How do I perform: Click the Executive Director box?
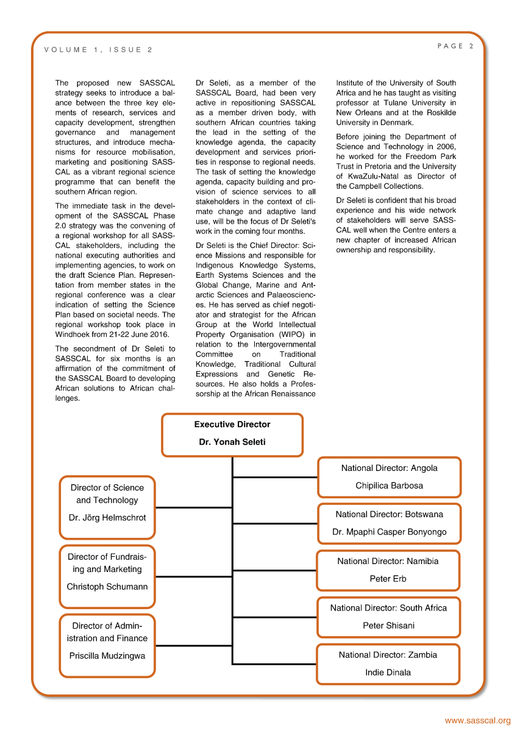click(x=232, y=434)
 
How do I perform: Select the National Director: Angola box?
click(x=389, y=477)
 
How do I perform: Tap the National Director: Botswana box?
click(x=389, y=523)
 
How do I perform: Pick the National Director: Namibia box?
click(x=388, y=570)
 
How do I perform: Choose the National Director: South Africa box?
click(x=388, y=616)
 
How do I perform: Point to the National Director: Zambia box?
click(x=388, y=663)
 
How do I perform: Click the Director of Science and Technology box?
click(x=107, y=507)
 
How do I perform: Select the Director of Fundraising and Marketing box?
click(x=107, y=576)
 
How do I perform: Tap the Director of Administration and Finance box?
click(x=107, y=645)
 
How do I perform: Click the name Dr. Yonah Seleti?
click(x=232, y=442)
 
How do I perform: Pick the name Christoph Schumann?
click(x=107, y=587)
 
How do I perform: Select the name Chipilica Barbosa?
click(x=389, y=486)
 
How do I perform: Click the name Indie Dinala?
click(x=388, y=673)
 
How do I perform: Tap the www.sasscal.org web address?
click(x=477, y=721)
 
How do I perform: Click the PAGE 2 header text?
click(x=455, y=46)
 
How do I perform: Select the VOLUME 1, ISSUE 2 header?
click(x=98, y=50)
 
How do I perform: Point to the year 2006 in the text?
click(x=446, y=147)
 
